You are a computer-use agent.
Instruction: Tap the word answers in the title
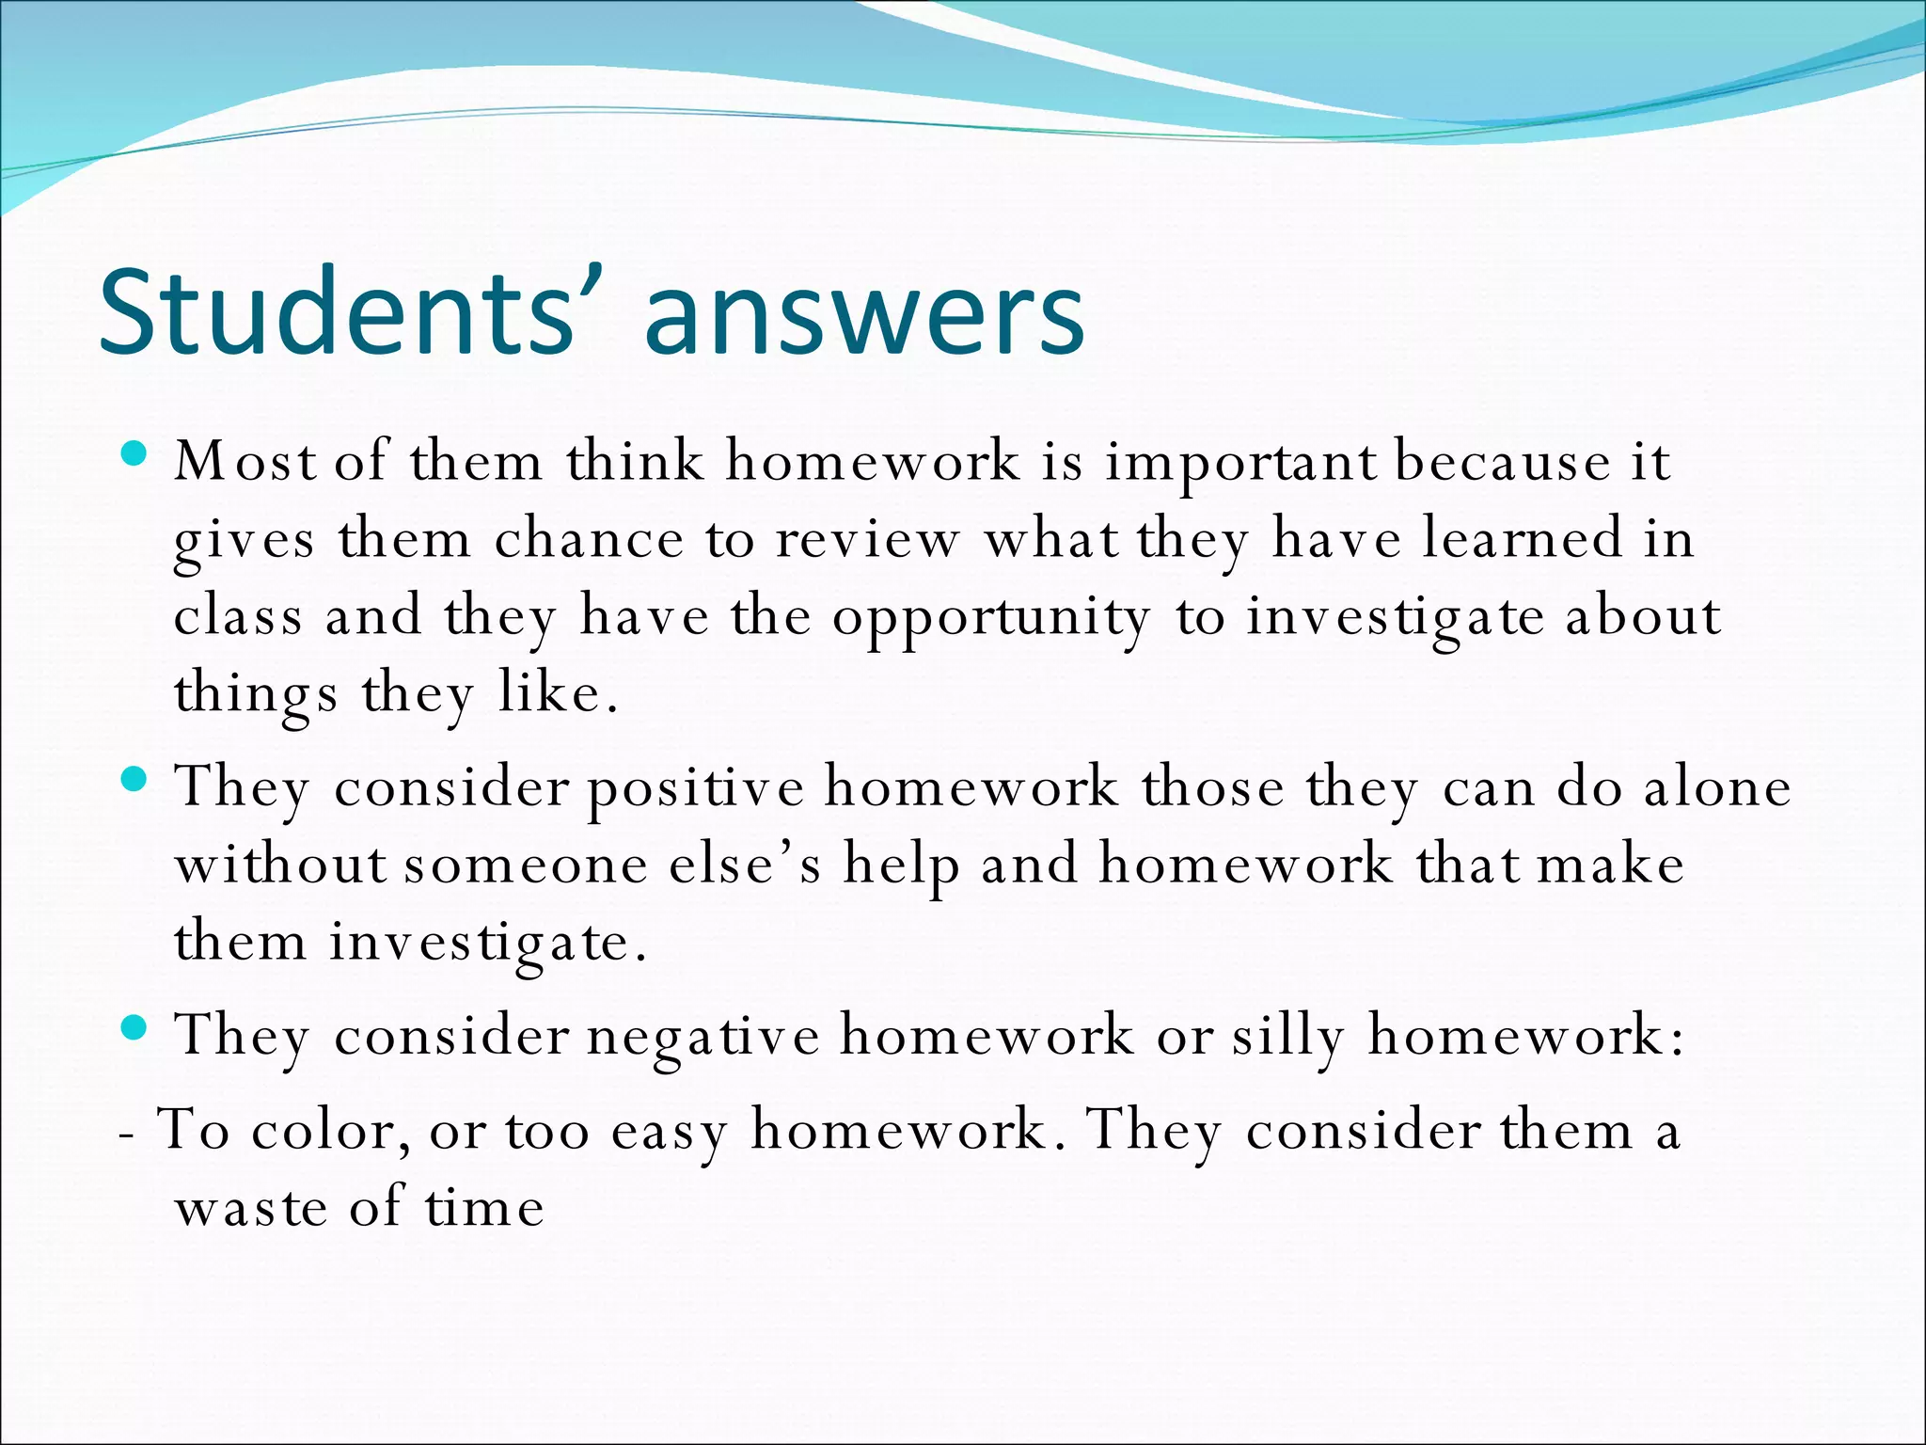[864, 315]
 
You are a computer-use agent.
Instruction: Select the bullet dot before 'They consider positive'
[135, 780]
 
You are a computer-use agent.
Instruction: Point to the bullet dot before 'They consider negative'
[135, 1028]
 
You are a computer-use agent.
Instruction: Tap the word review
[867, 540]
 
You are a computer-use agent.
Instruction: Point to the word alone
[1717, 787]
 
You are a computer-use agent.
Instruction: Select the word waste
[251, 1209]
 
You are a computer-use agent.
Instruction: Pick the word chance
[589, 540]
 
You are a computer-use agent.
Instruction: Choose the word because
[1502, 463]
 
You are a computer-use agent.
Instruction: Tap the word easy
[669, 1133]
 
